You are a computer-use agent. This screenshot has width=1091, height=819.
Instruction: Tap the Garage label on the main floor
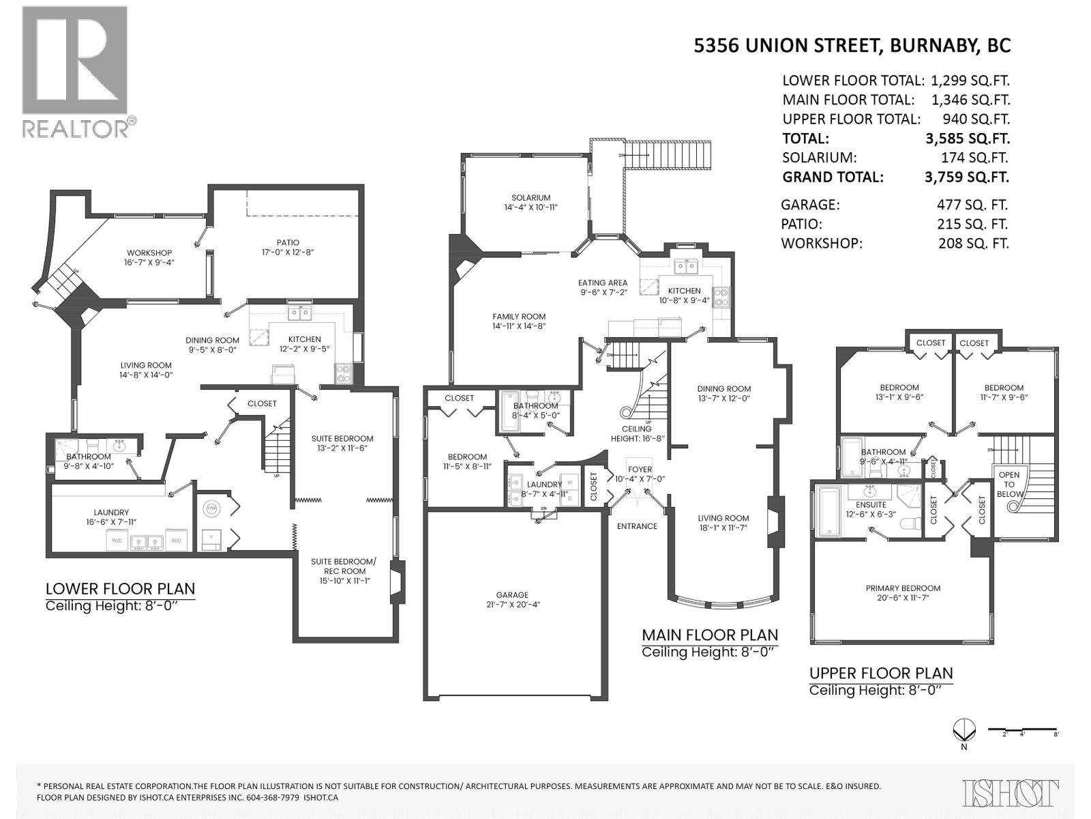tap(512, 594)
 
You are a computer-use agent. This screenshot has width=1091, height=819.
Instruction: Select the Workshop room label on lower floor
tap(149, 253)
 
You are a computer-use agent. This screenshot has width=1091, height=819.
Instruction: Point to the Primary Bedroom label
tap(903, 588)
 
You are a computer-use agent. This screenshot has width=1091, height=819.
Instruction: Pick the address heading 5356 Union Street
tap(852, 45)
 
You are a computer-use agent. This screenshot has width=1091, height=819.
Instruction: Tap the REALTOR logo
tap(76, 72)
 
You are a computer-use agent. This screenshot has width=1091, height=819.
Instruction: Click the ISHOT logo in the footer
tap(1011, 792)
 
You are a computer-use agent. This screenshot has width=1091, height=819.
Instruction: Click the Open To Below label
tap(1009, 484)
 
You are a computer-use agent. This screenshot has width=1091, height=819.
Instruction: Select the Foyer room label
tap(640, 469)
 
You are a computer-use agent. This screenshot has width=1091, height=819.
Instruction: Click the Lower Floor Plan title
tap(120, 588)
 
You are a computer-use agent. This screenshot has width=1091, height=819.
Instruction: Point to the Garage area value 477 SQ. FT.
tap(972, 204)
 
